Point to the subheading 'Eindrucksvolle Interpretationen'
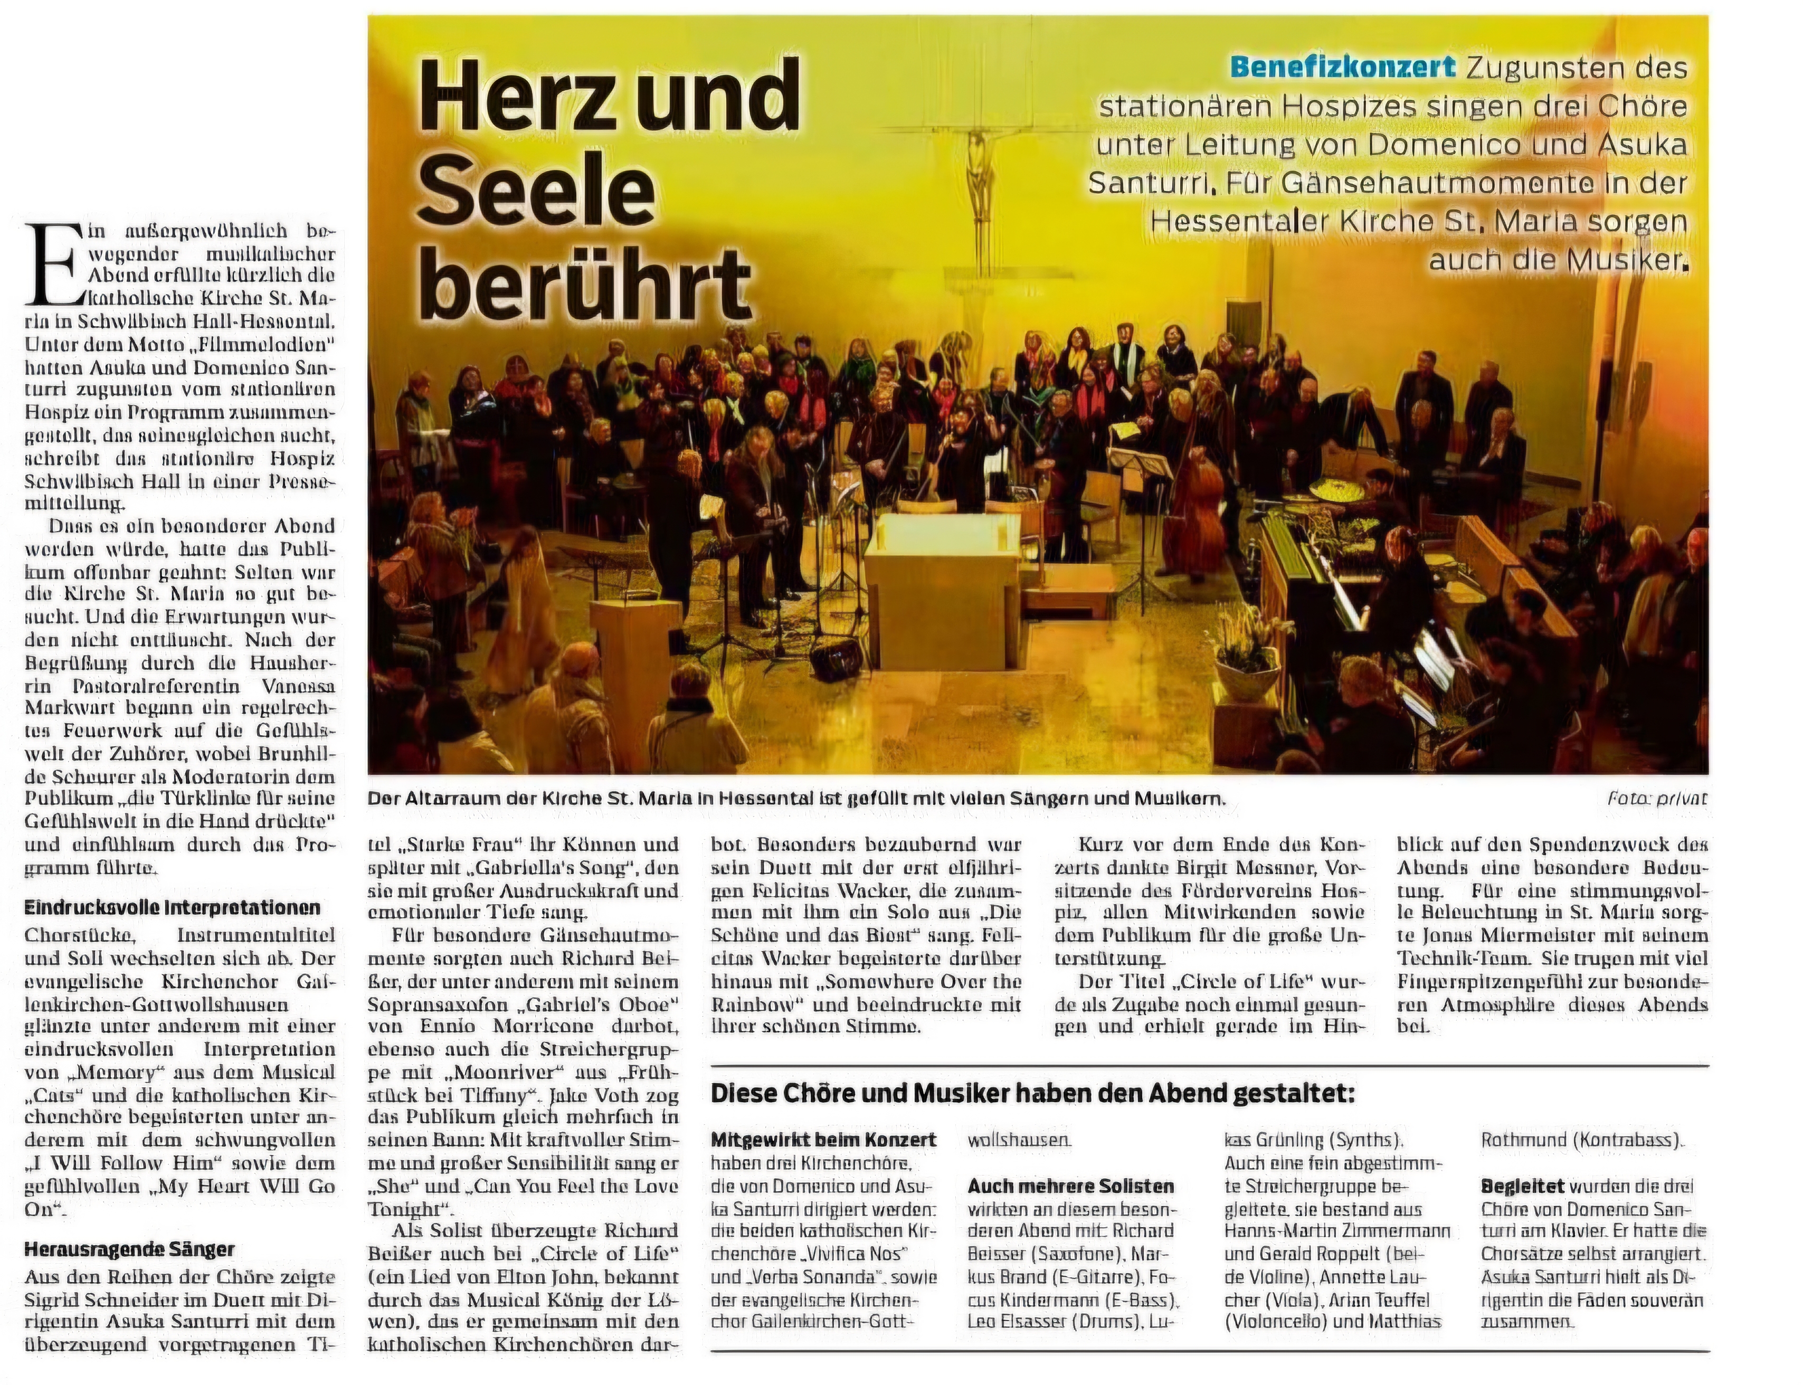[x=172, y=908]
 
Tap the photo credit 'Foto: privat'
[x=1657, y=798]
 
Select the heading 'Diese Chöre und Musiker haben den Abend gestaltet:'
[x=1032, y=1094]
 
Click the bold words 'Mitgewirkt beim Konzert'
[x=823, y=1140]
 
